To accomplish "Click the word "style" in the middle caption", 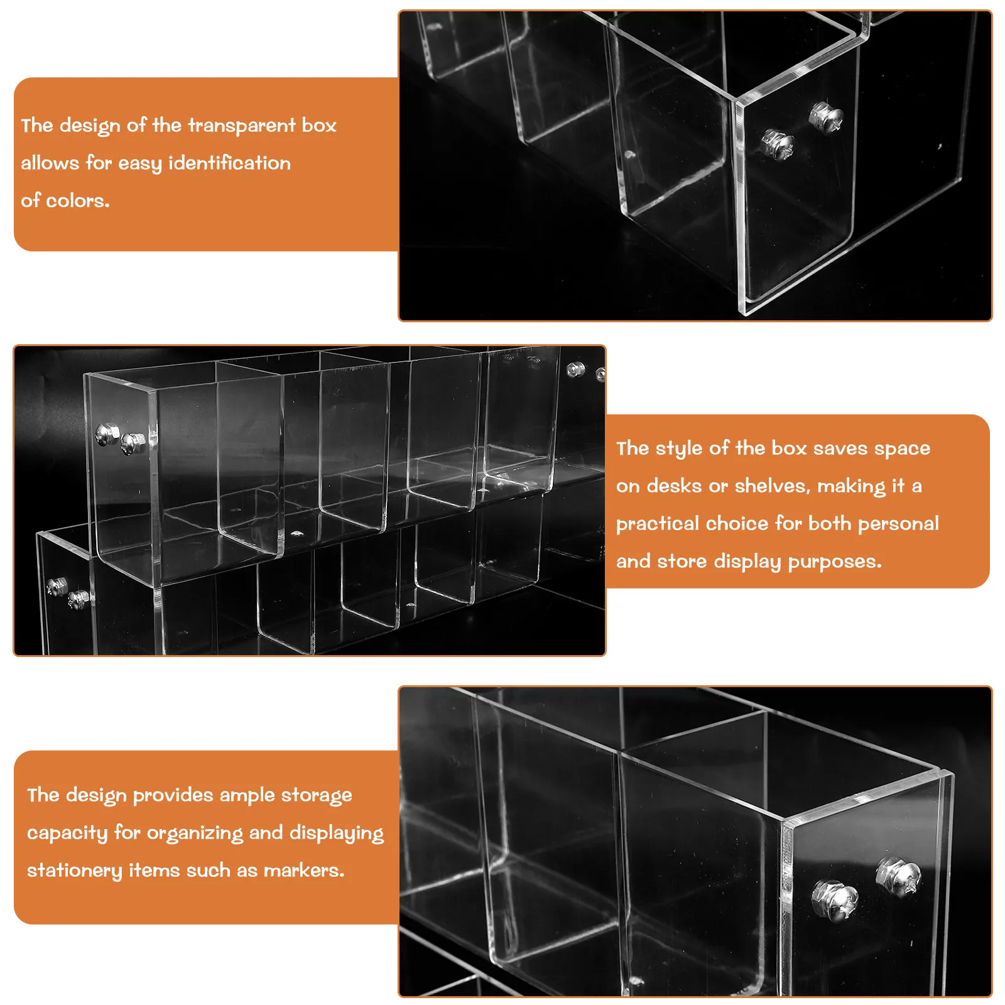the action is (679, 449).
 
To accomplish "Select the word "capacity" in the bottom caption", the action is (67, 834).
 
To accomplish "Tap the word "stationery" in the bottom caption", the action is (75, 871).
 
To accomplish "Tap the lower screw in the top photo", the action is (778, 144).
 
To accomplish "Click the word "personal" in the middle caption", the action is (899, 524).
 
